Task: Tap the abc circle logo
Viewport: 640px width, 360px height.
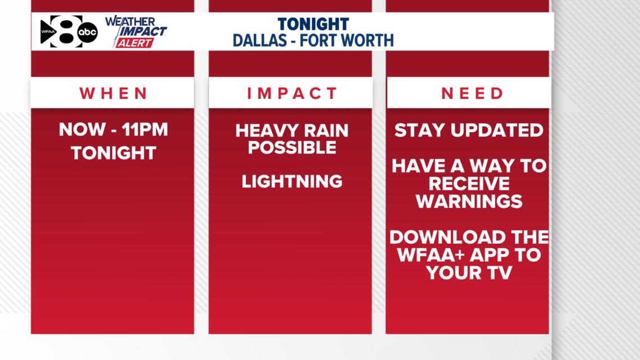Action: tap(88, 33)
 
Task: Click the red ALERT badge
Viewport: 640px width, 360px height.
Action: tap(134, 43)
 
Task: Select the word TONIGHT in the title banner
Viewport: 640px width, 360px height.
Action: tap(313, 24)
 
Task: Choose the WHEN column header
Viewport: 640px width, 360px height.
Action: tap(113, 93)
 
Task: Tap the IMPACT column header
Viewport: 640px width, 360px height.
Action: tap(292, 93)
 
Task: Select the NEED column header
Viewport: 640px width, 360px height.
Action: tap(473, 93)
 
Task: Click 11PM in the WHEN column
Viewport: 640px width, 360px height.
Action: tap(145, 130)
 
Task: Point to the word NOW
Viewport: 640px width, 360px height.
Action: tap(82, 130)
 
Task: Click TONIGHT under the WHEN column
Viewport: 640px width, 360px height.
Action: tap(113, 153)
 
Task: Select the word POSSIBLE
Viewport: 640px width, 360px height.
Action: tap(292, 148)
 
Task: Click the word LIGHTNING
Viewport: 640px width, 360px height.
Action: tap(292, 181)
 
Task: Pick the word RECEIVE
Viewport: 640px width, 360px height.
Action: tap(469, 184)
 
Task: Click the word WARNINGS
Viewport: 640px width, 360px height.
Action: tap(469, 201)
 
